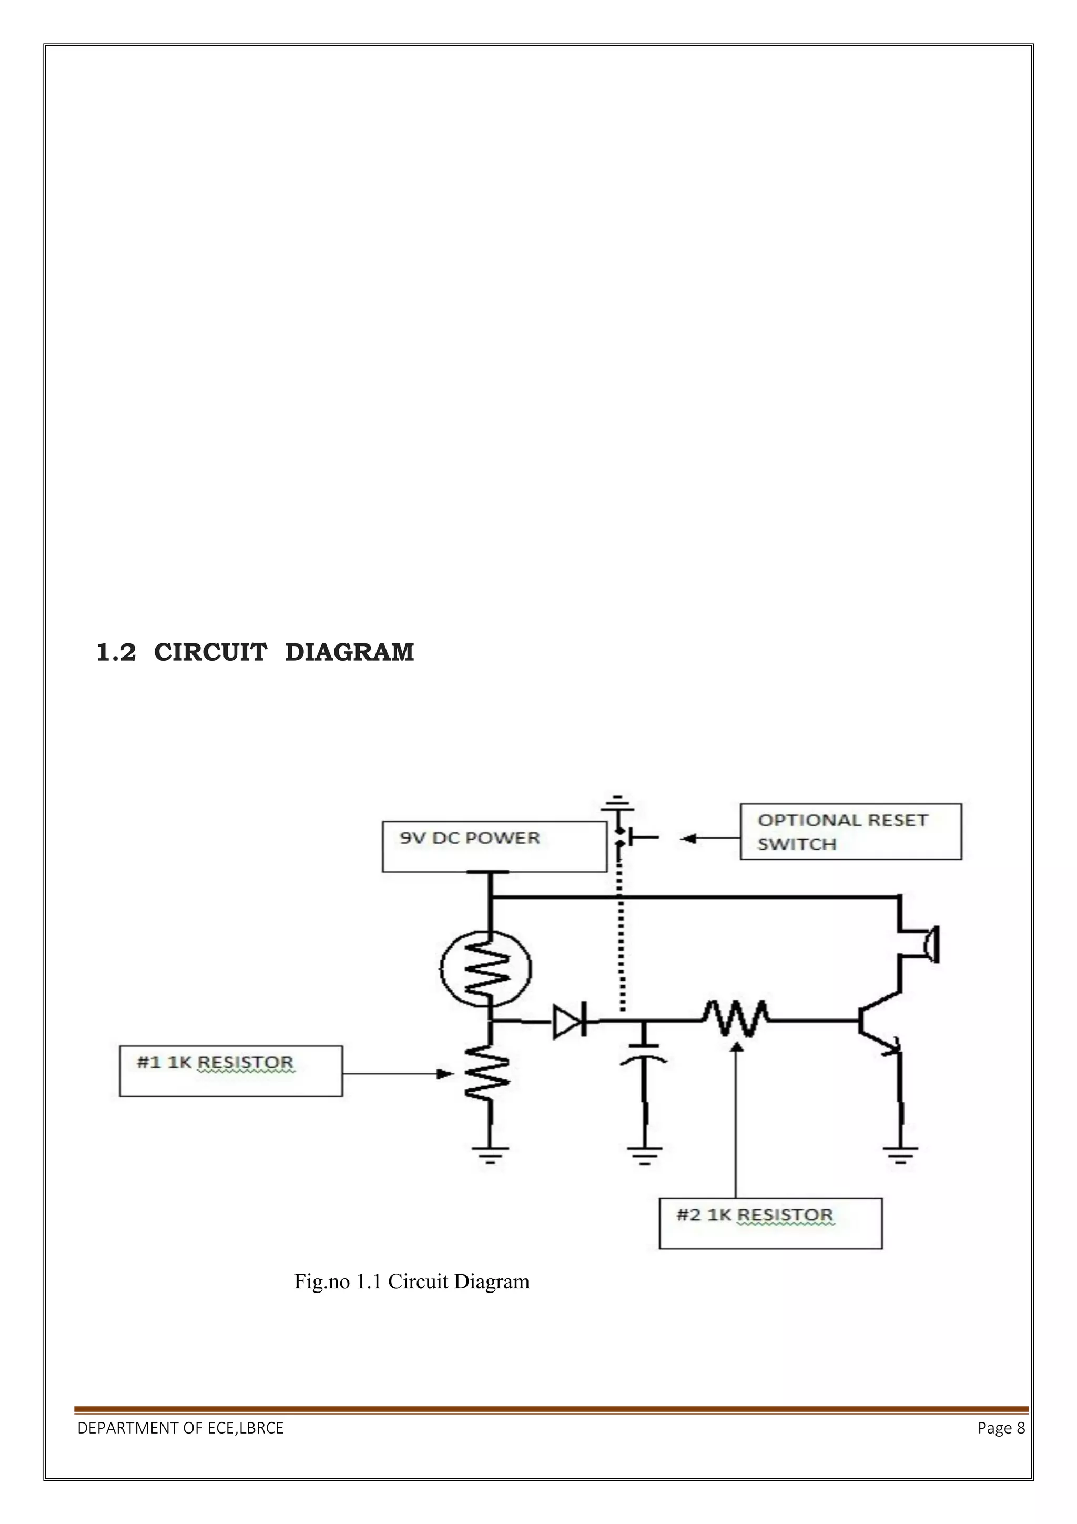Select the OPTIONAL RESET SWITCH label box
pos(850,831)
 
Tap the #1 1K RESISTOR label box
pos(230,1071)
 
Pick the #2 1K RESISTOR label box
pos(770,1223)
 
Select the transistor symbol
pos(879,1022)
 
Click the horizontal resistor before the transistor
pos(735,1020)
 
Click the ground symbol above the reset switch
pos(617,803)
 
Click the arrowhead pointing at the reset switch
pos(688,839)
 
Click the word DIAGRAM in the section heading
pos(349,652)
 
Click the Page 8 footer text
pos(1000,1428)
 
